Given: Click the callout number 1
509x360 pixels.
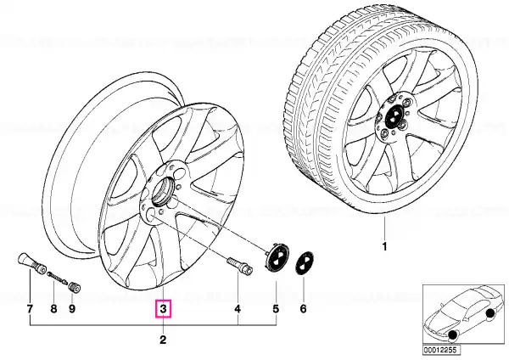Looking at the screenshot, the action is [384, 247].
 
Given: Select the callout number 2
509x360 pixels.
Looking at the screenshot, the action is [163, 340].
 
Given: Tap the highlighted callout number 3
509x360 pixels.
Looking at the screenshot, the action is [163, 309].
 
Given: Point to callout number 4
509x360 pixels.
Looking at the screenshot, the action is [238, 309].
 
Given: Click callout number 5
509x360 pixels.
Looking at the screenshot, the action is [276, 309].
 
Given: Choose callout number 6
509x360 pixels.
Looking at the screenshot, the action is [303, 309].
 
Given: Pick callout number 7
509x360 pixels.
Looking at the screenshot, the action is [30, 309].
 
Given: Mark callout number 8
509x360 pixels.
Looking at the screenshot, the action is [53, 309].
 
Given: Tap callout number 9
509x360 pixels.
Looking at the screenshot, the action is [72, 309].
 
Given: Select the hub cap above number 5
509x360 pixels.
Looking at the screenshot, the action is [277, 258].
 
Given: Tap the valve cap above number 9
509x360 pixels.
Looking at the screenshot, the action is [76, 288].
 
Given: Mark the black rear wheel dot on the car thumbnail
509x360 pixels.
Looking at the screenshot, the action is [491, 313].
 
